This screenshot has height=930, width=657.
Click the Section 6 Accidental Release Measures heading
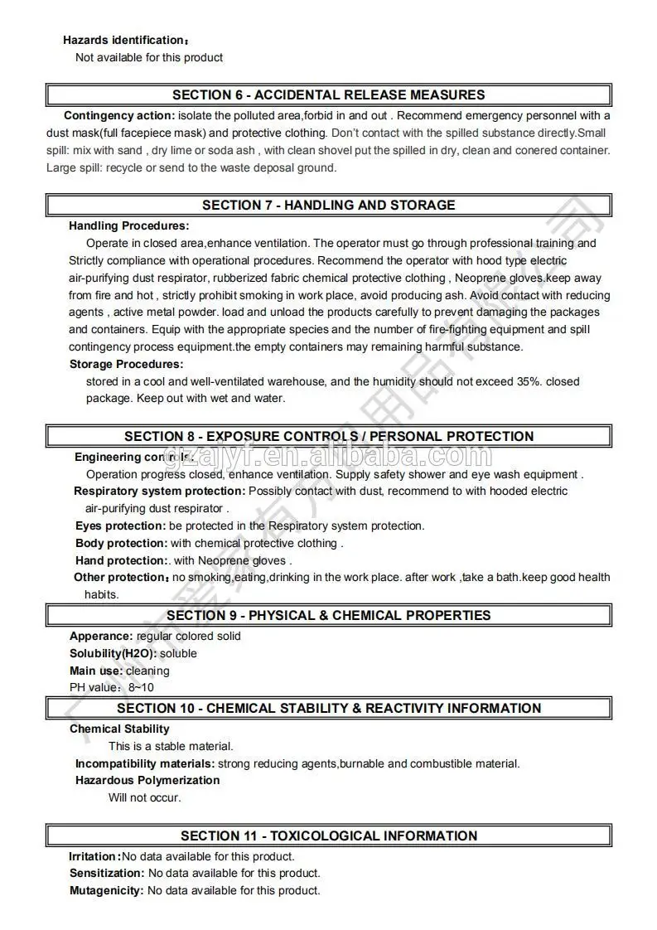click(329, 94)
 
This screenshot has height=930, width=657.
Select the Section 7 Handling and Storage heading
click(329, 205)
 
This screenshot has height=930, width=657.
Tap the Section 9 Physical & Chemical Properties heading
click(329, 615)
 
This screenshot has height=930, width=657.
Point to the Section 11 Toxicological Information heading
click(329, 836)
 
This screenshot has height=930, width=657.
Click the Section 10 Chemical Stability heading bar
click(329, 708)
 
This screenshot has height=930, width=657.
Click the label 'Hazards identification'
click(123, 40)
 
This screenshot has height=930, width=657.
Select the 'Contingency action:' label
click(119, 115)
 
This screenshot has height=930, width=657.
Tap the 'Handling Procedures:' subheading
click(128, 225)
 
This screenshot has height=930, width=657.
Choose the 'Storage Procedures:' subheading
click(126, 364)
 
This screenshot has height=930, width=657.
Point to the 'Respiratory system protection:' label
click(160, 491)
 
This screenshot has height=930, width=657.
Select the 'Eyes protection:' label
click(121, 526)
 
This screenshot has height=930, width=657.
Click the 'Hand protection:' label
click(121, 560)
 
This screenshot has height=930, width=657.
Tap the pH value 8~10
click(141, 687)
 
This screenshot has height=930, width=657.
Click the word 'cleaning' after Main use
click(147, 671)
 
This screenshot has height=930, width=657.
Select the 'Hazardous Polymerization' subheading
click(147, 780)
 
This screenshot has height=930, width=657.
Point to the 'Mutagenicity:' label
click(107, 890)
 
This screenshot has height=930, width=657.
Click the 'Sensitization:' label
click(107, 873)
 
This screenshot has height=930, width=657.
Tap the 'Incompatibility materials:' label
click(145, 763)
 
